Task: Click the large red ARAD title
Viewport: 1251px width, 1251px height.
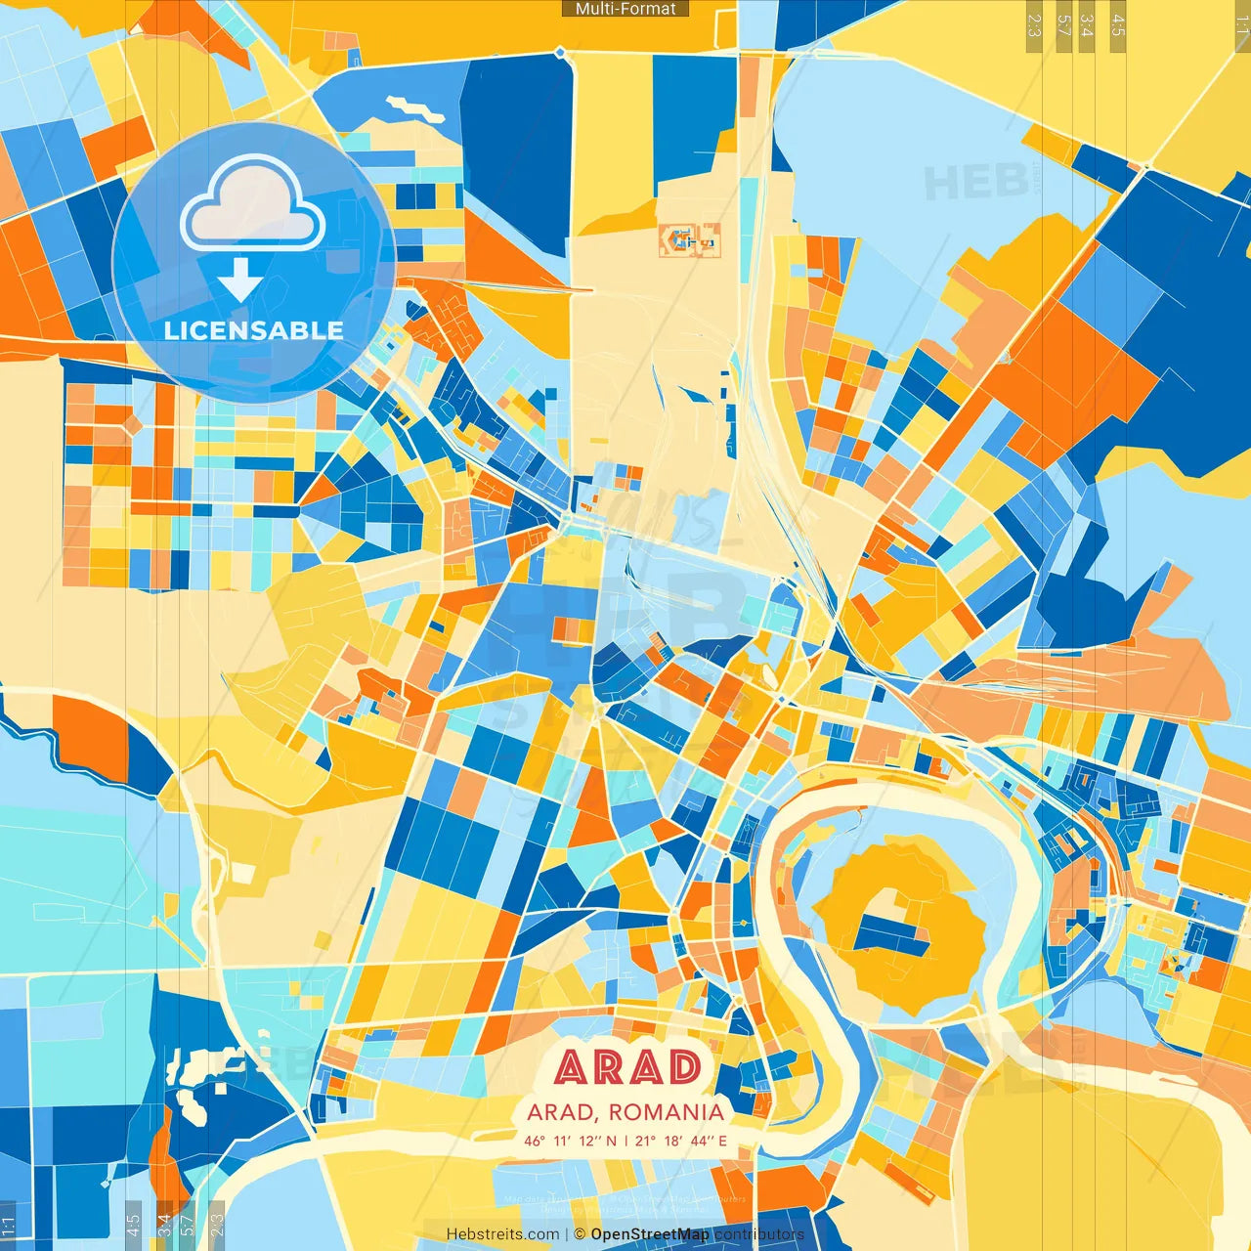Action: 628,1067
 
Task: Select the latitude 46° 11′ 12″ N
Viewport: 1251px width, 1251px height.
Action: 570,1141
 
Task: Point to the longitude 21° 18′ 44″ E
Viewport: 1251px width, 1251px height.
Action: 681,1141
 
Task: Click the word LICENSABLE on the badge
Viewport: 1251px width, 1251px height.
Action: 254,330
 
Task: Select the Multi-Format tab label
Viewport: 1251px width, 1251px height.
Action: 625,9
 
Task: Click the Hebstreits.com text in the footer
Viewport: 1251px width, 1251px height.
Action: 502,1234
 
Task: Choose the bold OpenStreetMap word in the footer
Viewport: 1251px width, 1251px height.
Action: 650,1234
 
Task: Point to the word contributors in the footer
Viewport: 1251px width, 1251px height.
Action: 759,1234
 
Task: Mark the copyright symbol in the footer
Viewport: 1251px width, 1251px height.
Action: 580,1234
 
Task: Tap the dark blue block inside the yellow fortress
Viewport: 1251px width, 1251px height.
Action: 889,932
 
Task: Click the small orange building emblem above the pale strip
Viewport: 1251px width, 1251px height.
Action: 690,239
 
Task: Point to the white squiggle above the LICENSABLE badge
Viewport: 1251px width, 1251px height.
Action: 414,108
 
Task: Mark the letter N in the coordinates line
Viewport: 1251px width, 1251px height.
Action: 611,1141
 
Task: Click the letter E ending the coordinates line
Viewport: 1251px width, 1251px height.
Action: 722,1141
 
